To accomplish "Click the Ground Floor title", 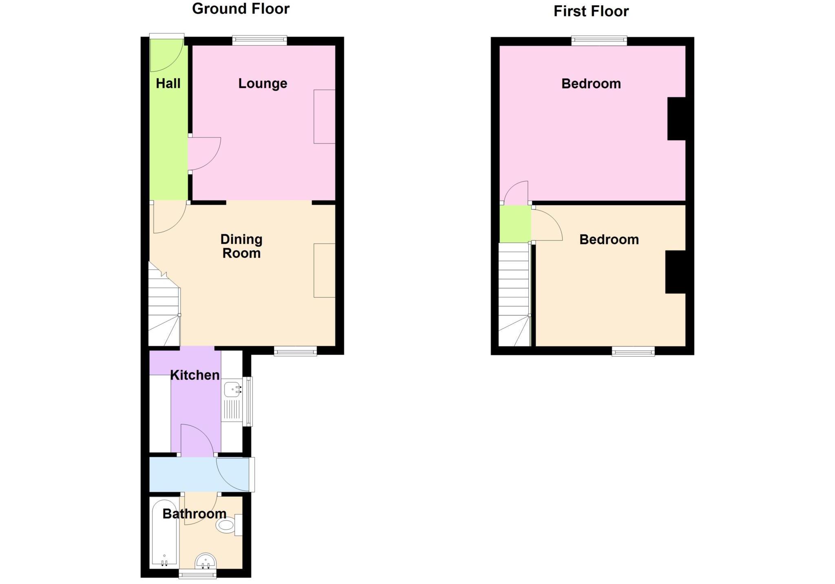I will point(241,9).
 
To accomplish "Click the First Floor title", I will point(591,11).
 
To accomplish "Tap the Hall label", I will point(168,84).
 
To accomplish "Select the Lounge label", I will point(263,84).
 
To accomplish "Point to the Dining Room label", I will point(241,246).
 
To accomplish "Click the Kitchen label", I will point(194,375).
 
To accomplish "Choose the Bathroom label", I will point(194,514).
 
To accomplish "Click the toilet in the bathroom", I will point(226,525).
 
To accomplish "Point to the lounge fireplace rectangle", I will point(324,117).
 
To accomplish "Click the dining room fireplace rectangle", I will point(324,270).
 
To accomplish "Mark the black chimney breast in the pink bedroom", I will point(676,119).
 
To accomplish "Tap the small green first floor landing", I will point(515,224).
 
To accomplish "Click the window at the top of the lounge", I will point(260,40).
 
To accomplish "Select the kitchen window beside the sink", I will point(248,402).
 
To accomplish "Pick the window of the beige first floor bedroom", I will point(633,351).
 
